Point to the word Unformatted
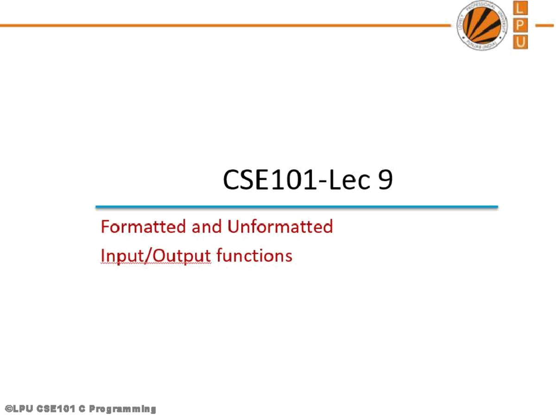coord(280,227)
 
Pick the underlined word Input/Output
coord(156,256)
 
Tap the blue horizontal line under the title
coord(297,207)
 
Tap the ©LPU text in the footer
coord(18,409)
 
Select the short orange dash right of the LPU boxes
coord(544,25)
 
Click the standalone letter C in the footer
coord(81,409)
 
